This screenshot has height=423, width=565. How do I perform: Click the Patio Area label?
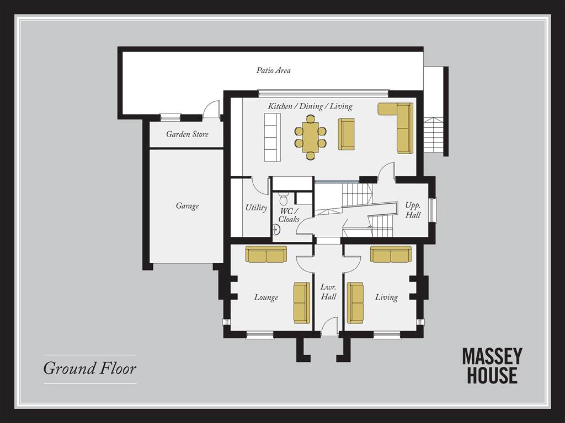pos(274,70)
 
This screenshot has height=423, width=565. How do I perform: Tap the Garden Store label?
pos(188,134)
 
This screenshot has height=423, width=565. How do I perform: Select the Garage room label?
pos(188,206)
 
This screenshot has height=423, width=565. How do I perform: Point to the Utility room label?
pos(256,208)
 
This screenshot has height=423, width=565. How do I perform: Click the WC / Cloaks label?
pos(289,215)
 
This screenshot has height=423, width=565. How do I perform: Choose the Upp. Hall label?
pos(413,210)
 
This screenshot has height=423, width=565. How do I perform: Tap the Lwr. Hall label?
pos(329,292)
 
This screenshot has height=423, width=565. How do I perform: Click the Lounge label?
pos(266,297)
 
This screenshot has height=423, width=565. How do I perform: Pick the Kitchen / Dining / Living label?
pos(310,106)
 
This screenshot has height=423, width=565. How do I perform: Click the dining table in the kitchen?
pos(310,137)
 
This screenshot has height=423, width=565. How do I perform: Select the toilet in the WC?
pos(284,198)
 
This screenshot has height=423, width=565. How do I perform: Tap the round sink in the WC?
pos(276,229)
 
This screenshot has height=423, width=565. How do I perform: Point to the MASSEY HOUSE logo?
pos(492,366)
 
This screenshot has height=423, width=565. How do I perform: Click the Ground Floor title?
pos(90,368)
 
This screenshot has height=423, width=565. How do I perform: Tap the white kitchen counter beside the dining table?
pos(273,137)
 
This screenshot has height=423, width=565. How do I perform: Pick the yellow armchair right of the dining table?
pos(346,134)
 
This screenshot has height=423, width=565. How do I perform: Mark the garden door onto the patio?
pos(211,110)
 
